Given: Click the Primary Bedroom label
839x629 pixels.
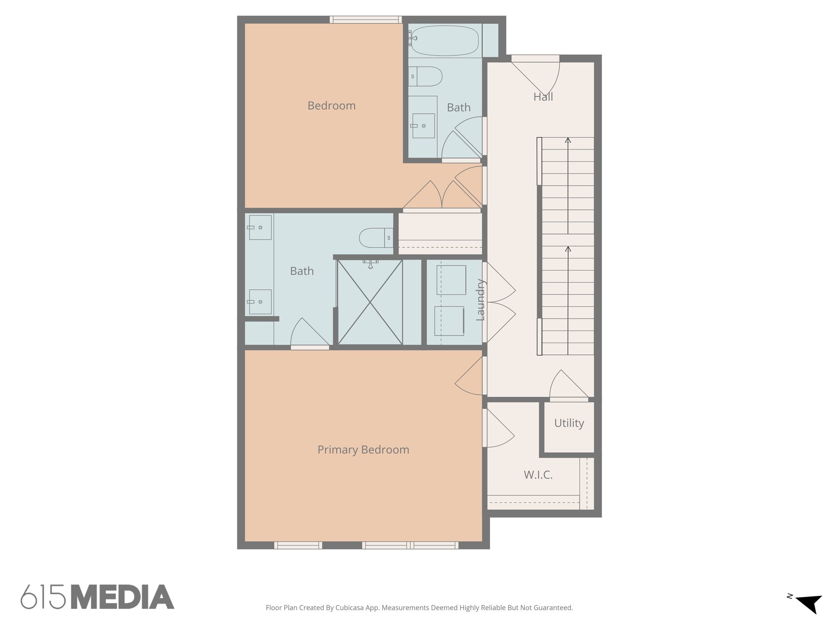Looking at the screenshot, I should [363, 450].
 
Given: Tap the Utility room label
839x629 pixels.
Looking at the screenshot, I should [569, 423].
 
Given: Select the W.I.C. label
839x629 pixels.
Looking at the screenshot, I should [538, 475].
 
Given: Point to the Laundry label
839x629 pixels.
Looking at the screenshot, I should [480, 300].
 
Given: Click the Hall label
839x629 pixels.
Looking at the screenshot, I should [543, 97].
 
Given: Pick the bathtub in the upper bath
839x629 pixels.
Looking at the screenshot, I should [444, 40].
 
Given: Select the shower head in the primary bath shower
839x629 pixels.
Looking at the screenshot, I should [370, 264].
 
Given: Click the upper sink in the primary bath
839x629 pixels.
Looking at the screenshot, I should [260, 227].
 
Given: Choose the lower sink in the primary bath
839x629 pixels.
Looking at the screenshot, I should [260, 302].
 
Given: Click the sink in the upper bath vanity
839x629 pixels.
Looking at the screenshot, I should [423, 126].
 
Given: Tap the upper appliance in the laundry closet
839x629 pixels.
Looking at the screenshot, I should [451, 280].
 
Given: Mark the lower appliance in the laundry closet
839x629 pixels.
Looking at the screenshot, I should [449, 321].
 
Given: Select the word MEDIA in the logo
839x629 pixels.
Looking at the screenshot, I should [122, 597].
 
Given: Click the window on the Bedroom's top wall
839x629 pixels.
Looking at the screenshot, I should [365, 20].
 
